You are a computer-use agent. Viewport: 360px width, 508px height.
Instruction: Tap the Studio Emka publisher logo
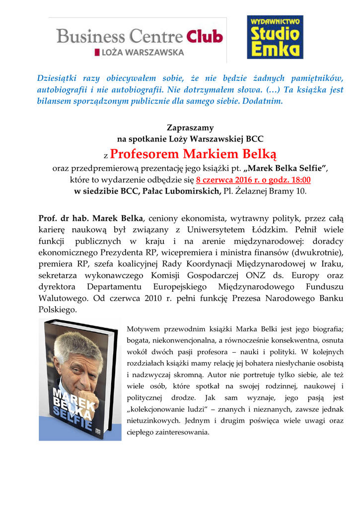(275, 37)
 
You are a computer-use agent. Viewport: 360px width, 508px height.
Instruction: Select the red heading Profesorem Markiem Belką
(193, 152)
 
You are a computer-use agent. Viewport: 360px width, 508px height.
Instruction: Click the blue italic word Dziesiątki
(59, 78)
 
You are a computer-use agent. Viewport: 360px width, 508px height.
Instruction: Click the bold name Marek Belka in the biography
(118, 218)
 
